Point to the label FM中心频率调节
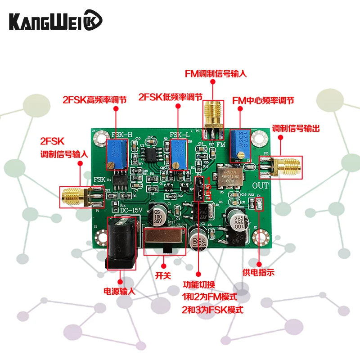(263, 100)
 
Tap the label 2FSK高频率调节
(94, 100)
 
